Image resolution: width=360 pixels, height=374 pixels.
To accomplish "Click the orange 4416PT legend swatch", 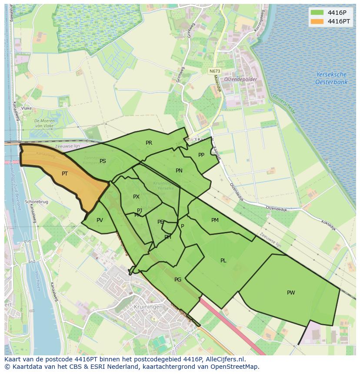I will coord(317,21).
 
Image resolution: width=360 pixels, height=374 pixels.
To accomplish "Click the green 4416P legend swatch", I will coord(317,12).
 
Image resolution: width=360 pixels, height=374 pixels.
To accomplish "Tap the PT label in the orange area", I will coord(65,174).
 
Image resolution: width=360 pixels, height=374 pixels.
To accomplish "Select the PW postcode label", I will coord(291,293).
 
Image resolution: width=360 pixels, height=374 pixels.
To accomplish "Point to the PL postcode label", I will coord(223,261).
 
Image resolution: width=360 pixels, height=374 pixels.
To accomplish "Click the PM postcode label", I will coord(215,220).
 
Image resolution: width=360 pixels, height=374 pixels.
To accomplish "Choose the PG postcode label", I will coord(178,280).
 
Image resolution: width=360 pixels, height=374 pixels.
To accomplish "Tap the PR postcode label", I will coord(149,143).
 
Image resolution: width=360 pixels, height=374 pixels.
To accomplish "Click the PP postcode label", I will coord(201,155).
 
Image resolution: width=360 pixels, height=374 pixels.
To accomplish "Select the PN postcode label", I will coord(179,171).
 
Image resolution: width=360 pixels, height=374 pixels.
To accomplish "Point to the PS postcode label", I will coord(103,161).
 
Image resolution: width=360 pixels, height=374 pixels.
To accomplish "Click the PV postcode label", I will coord(100,220).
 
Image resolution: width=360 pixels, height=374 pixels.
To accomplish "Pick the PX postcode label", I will coord(136,197).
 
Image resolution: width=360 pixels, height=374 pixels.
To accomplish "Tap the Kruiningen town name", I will coord(149,307).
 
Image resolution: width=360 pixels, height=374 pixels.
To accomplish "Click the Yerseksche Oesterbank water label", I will coord(331,78).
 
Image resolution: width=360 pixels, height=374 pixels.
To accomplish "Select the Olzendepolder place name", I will coord(240,79).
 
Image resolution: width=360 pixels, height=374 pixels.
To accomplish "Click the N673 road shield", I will coord(214,71).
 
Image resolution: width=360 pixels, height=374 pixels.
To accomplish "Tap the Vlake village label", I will coord(27,108).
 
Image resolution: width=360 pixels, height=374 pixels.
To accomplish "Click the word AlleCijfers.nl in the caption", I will coord(225,359).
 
